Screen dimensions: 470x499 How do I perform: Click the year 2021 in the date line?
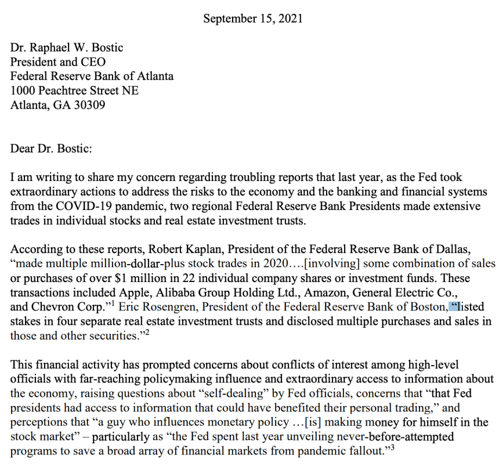pos(291,19)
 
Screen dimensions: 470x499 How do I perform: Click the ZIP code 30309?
pos(89,105)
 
